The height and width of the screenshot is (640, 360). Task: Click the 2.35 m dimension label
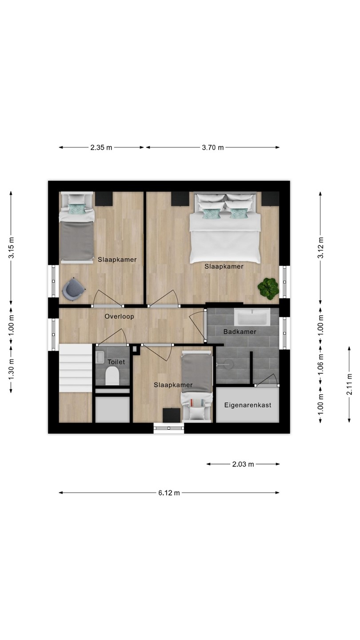click(101, 148)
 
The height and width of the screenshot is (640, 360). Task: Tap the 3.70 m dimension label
click(212, 148)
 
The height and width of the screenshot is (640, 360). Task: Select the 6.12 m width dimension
click(169, 493)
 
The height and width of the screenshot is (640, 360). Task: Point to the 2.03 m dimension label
click(243, 464)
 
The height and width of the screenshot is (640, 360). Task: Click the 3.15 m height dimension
click(12, 248)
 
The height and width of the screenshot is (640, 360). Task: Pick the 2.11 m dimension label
click(349, 384)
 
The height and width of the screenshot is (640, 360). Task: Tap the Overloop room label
click(119, 316)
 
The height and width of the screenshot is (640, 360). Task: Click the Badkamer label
click(240, 332)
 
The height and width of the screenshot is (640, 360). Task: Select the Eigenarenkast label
click(248, 405)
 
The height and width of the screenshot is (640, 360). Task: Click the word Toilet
click(116, 362)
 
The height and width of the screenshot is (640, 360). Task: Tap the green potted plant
click(268, 288)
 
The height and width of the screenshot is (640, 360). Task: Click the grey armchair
click(74, 289)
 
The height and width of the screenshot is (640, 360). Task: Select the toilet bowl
click(112, 376)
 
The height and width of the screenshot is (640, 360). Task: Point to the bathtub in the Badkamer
click(252, 317)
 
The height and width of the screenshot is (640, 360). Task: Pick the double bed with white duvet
click(225, 228)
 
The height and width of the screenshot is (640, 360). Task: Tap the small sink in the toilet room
click(100, 357)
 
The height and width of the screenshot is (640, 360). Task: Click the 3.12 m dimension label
click(320, 248)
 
